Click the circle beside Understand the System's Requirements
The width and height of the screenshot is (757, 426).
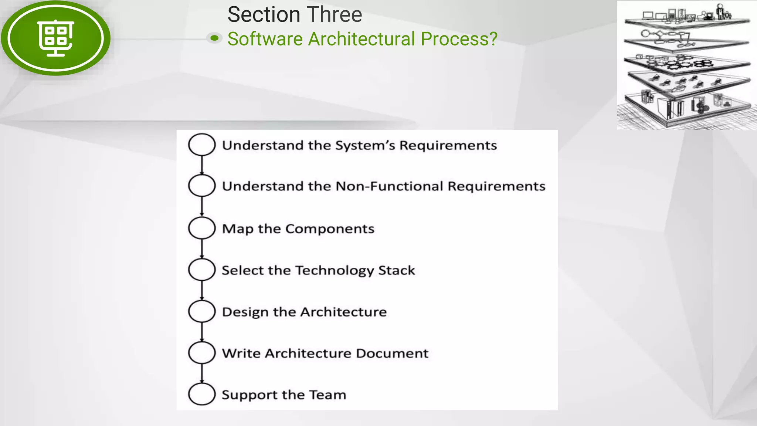tap(201, 145)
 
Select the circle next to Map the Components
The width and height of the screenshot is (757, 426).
tap(201, 228)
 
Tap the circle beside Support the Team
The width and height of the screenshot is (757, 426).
tap(201, 394)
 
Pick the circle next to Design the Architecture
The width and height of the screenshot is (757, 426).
tap(201, 311)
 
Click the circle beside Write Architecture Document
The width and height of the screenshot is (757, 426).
tap(201, 352)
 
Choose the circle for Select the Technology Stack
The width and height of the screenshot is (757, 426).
tap(201, 270)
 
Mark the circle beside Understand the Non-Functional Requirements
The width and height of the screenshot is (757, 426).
tap(201, 185)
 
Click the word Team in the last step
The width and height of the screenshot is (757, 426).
tap(327, 395)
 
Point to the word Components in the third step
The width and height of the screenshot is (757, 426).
tap(330, 229)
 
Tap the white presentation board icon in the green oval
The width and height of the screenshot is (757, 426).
tap(56, 38)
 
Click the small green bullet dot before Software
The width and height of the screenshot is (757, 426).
tap(214, 38)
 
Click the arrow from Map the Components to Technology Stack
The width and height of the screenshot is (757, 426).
tap(202, 248)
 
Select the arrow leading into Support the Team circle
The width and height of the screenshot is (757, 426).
tap(202, 373)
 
